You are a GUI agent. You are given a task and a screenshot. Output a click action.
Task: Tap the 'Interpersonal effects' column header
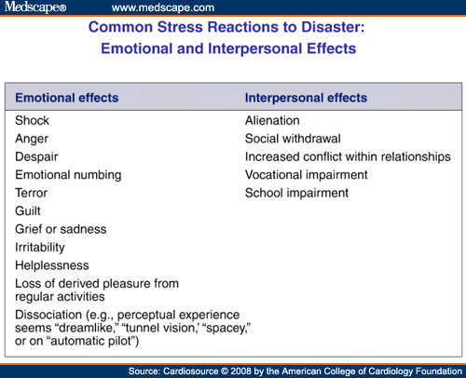point(305,98)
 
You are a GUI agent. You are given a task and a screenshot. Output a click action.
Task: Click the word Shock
point(33,120)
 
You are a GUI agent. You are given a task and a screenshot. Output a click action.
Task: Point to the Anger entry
point(32,139)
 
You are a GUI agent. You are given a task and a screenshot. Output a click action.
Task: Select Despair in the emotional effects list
point(36,156)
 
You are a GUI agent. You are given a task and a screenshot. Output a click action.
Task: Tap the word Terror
point(33,193)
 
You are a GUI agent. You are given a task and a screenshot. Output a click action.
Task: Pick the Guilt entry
point(29,211)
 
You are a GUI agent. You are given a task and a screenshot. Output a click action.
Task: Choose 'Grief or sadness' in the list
point(61,229)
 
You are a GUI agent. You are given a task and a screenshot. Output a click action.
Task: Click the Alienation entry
point(272,120)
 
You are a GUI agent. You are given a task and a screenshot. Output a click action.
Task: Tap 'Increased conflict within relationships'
point(348,156)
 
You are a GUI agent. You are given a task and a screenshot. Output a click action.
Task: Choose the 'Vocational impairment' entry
point(307,175)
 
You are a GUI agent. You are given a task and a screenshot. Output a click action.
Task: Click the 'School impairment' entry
point(296,193)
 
